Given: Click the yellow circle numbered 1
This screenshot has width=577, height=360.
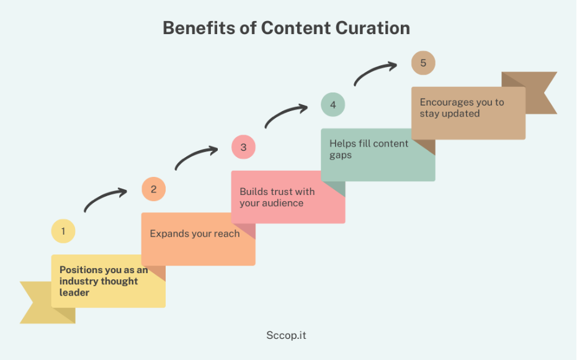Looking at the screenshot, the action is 63,231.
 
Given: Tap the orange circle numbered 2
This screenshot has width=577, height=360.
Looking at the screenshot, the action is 153,189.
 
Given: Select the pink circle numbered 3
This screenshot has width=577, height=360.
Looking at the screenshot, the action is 243,147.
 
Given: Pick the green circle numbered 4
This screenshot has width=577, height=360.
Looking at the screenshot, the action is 333,104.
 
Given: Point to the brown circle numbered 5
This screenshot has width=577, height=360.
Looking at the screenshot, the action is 423,63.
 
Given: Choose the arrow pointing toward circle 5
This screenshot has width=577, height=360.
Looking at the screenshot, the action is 373,71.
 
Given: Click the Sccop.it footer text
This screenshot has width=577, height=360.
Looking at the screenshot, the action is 286,335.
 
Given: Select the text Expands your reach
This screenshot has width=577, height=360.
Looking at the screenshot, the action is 195,234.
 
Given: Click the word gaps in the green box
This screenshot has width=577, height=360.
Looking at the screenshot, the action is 341,155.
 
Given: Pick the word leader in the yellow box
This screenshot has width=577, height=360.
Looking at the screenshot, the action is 74,292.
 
